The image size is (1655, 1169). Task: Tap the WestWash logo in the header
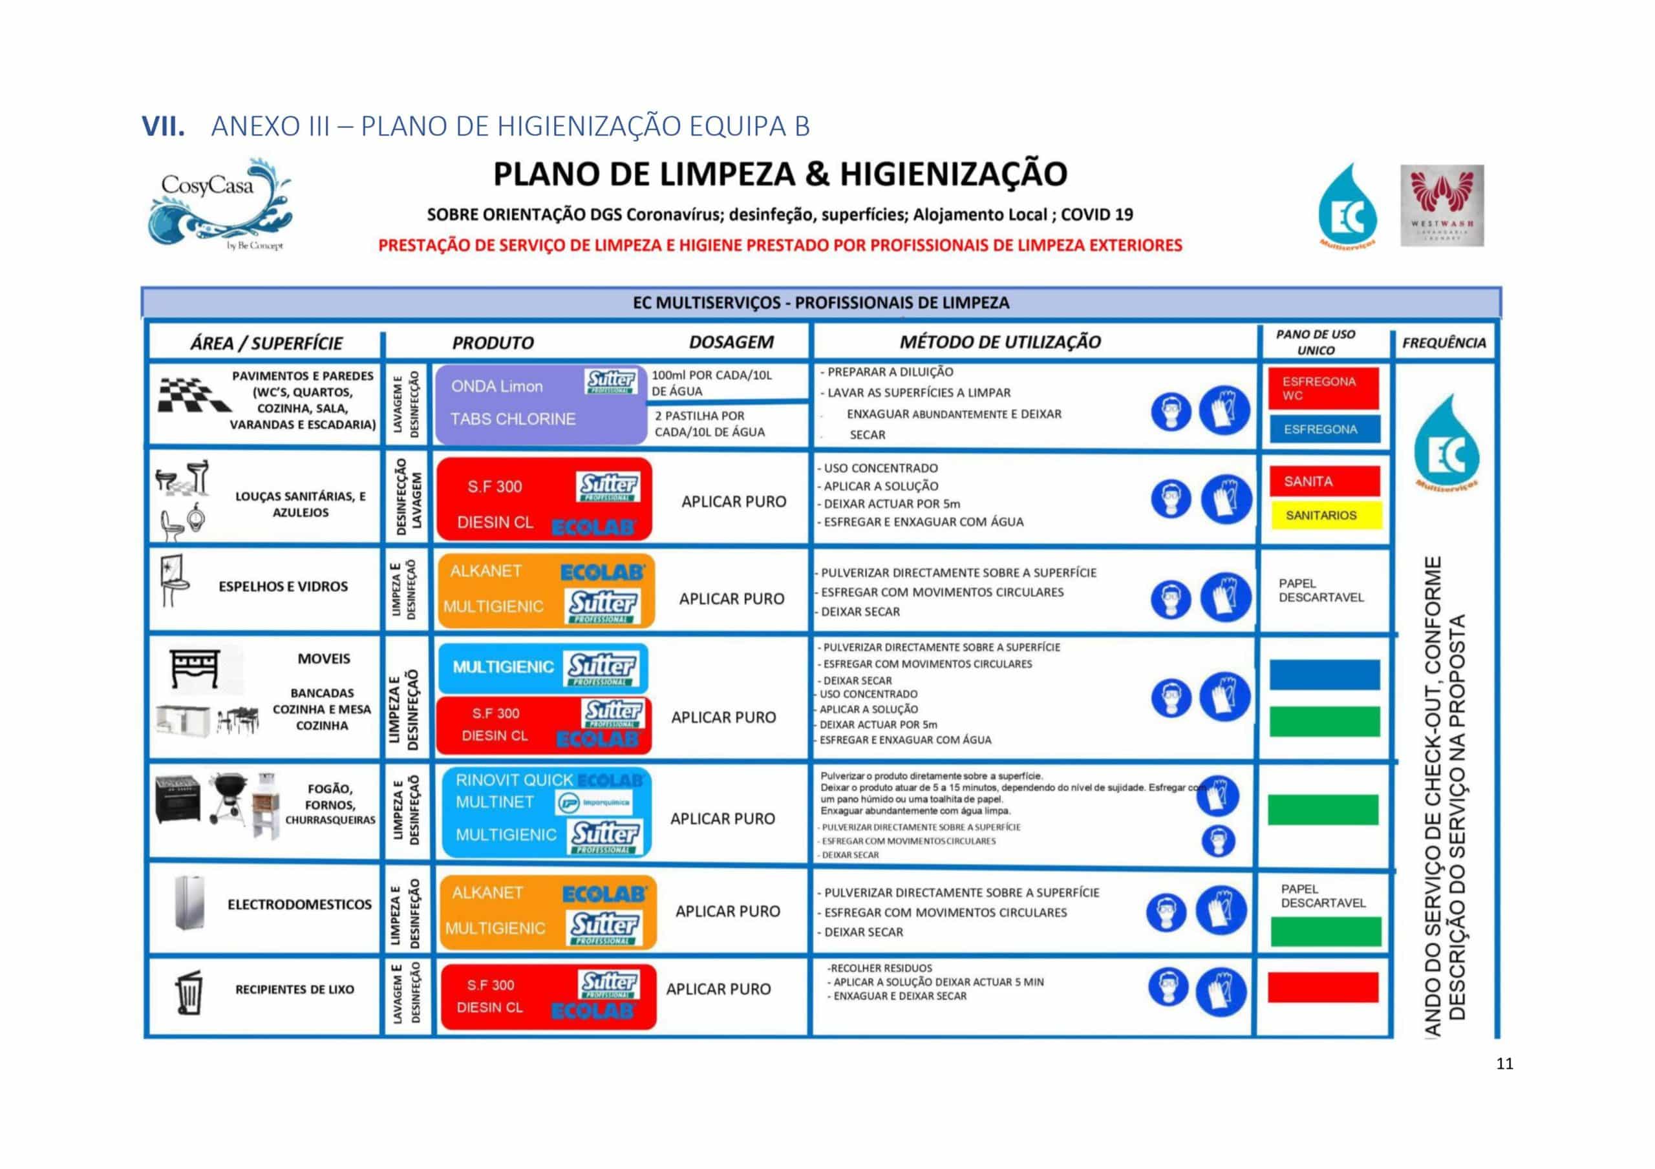(1442, 205)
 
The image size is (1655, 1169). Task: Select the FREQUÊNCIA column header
(1444, 343)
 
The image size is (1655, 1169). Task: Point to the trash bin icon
(189, 992)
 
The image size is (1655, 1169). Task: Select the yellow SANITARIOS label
(1325, 515)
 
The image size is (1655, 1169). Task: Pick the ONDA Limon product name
(496, 386)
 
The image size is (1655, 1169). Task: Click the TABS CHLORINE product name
(513, 419)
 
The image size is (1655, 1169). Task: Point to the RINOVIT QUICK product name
(514, 780)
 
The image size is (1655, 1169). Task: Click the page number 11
(1504, 1064)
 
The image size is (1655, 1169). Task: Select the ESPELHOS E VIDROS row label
(283, 587)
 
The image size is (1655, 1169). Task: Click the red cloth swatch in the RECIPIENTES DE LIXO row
(1323, 987)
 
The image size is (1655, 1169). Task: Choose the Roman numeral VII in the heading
(163, 126)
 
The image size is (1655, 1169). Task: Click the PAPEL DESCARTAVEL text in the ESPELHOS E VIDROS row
(1321, 590)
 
